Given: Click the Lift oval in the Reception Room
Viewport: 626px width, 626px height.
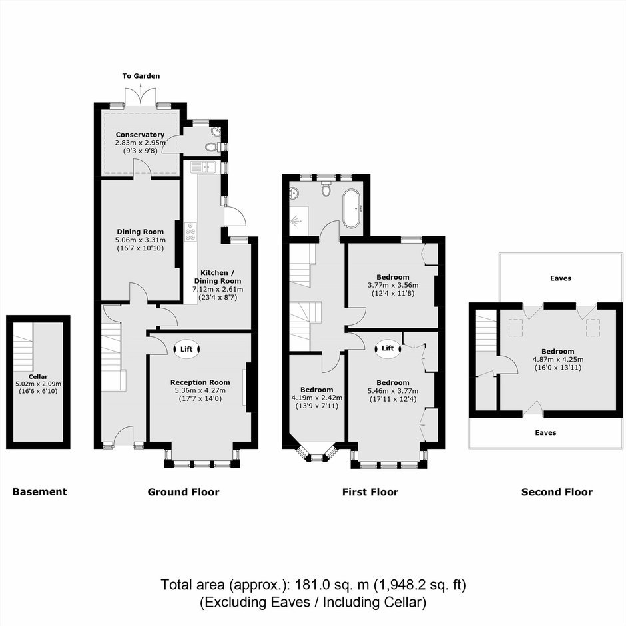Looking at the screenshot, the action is pyautogui.click(x=187, y=350).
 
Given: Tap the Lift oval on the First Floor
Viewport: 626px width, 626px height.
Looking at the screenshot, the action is pyautogui.click(x=388, y=348).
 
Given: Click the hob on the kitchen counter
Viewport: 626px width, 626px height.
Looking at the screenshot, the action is pyautogui.click(x=191, y=232).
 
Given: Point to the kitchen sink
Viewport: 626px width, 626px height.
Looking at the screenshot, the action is pyautogui.click(x=203, y=167).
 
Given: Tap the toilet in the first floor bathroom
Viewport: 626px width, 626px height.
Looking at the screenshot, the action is pyautogui.click(x=326, y=188).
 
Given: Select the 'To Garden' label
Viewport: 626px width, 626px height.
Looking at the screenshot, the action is pyautogui.click(x=141, y=76).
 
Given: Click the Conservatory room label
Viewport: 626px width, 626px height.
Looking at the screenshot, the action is pyautogui.click(x=140, y=135).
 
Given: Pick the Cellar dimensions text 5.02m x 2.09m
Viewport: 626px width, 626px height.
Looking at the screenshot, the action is pyautogui.click(x=38, y=384).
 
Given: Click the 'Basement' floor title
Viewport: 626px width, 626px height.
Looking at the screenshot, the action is pyautogui.click(x=39, y=492).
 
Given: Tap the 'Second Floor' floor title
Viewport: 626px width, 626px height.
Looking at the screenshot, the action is pyautogui.click(x=557, y=492).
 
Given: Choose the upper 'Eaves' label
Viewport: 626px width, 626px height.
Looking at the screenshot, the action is pyautogui.click(x=561, y=278).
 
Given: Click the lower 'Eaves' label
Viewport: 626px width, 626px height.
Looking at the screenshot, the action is pyautogui.click(x=546, y=432).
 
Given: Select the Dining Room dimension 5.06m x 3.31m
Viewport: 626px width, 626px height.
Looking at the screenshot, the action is pyautogui.click(x=140, y=240).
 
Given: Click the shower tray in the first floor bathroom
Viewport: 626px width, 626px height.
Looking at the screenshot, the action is pyautogui.click(x=299, y=221).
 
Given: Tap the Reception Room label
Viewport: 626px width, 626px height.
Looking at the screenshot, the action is pyautogui.click(x=200, y=382).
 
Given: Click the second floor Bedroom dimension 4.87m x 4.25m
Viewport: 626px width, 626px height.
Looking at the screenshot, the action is pyautogui.click(x=558, y=360).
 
